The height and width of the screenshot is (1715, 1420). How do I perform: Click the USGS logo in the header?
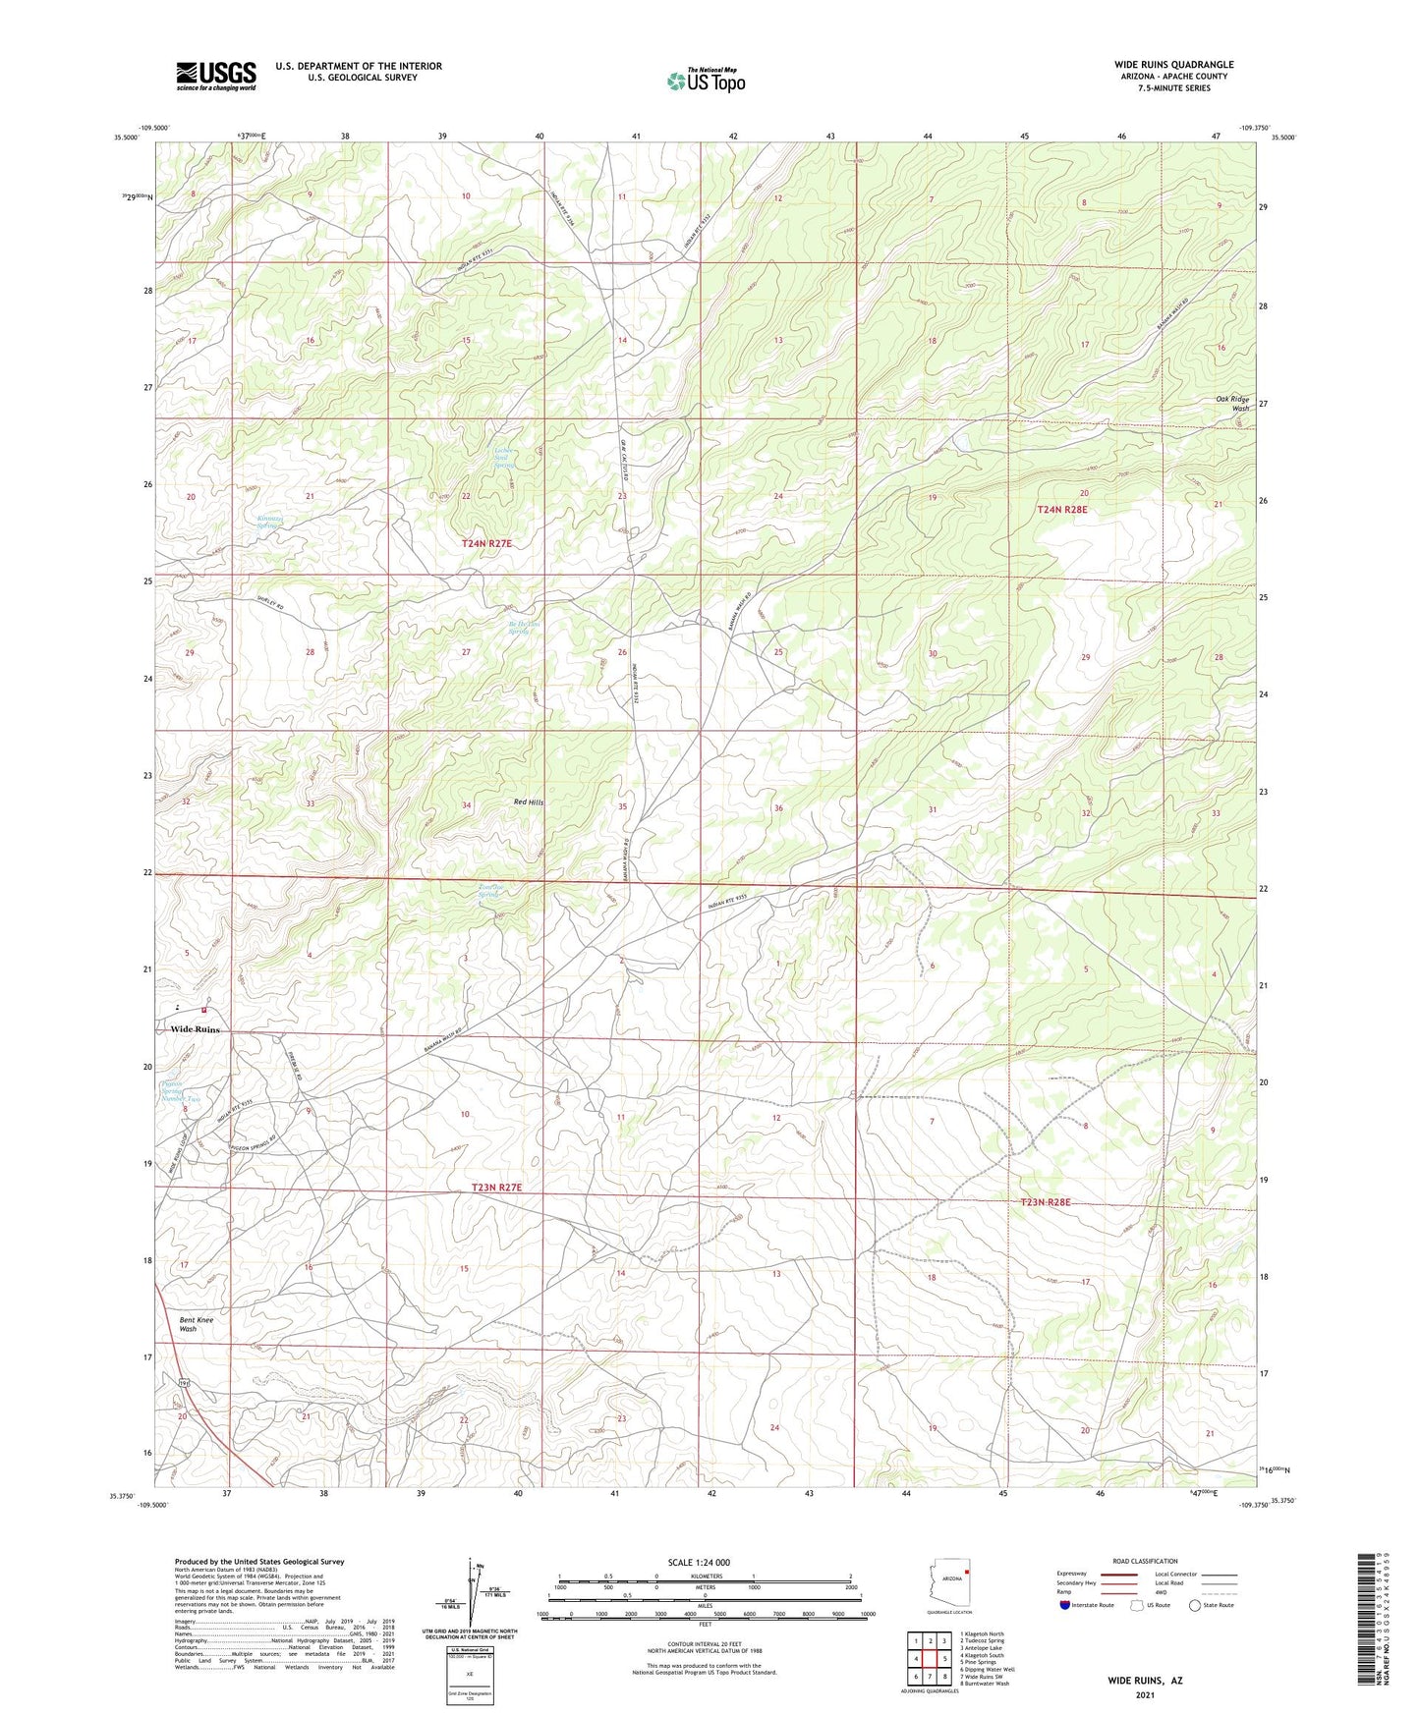[x=216, y=76]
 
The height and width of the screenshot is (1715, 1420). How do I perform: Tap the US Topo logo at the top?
[x=705, y=81]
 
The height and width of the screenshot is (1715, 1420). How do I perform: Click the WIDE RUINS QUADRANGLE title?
[x=1173, y=65]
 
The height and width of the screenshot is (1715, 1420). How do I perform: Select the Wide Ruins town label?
[x=195, y=1029]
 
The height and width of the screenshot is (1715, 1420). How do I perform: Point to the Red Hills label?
[x=528, y=802]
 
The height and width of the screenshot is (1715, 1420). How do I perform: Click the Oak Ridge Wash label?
[x=1232, y=403]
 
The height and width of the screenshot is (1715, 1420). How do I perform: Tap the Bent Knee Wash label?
[x=196, y=1324]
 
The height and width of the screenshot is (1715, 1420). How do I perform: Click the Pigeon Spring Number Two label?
[x=180, y=1091]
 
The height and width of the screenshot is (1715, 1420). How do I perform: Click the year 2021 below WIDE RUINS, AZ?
[x=1145, y=1695]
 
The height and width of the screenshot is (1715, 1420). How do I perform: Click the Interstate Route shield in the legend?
[x=1065, y=1605]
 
